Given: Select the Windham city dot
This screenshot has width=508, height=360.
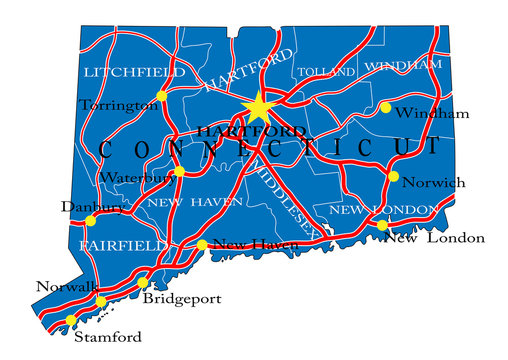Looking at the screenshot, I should point(385,108).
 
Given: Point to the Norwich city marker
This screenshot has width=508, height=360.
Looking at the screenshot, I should point(393,177).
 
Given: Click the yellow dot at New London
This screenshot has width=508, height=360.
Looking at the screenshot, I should point(382,225).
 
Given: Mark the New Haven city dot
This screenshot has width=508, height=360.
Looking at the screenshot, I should point(202,244).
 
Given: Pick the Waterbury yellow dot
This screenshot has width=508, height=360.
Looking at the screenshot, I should point(179,172).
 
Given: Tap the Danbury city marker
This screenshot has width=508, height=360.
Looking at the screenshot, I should point(90,221).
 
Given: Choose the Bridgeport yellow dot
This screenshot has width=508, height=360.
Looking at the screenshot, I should point(142,283).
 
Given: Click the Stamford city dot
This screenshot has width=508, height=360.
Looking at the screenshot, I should point(70,321).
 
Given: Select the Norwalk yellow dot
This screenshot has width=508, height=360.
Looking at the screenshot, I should point(101,301).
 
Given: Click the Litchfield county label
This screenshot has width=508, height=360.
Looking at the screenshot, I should point(134,73).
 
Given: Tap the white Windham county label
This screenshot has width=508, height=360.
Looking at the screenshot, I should point(402,65).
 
